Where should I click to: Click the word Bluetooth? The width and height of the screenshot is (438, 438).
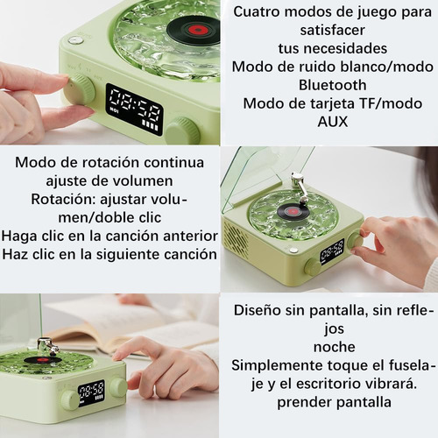point(332,85)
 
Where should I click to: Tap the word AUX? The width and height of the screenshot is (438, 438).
point(333,122)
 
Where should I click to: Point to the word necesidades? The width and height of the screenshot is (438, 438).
point(333,48)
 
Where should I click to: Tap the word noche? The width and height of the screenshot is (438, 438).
point(335,347)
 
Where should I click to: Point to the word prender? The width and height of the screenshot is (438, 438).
point(304,403)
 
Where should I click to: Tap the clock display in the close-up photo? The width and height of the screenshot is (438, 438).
point(134,109)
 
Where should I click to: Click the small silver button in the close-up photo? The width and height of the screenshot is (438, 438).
point(75,40)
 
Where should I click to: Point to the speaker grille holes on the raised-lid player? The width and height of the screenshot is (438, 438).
point(235,237)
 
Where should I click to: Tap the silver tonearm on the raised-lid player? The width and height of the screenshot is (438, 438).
point(300,187)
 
